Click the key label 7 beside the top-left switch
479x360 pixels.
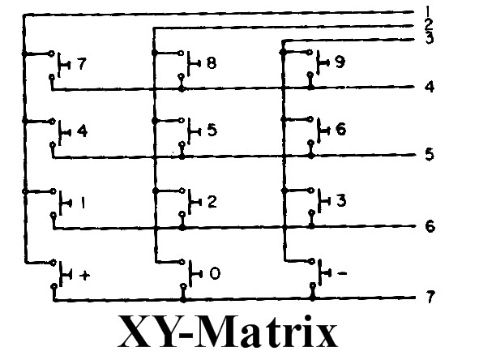82,64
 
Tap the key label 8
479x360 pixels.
212,63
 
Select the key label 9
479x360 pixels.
340,62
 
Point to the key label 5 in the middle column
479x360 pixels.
212,131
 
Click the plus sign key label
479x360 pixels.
84,276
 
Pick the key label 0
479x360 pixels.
215,273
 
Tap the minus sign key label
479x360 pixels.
342,273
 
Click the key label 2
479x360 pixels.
212,202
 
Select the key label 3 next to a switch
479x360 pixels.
341,200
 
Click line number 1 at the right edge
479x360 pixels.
428,11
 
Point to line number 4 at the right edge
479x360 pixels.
430,87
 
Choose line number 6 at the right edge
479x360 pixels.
430,226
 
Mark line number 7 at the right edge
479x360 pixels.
430,297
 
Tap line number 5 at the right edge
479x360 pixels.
430,154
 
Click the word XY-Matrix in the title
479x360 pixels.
228,332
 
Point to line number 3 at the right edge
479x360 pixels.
430,38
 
